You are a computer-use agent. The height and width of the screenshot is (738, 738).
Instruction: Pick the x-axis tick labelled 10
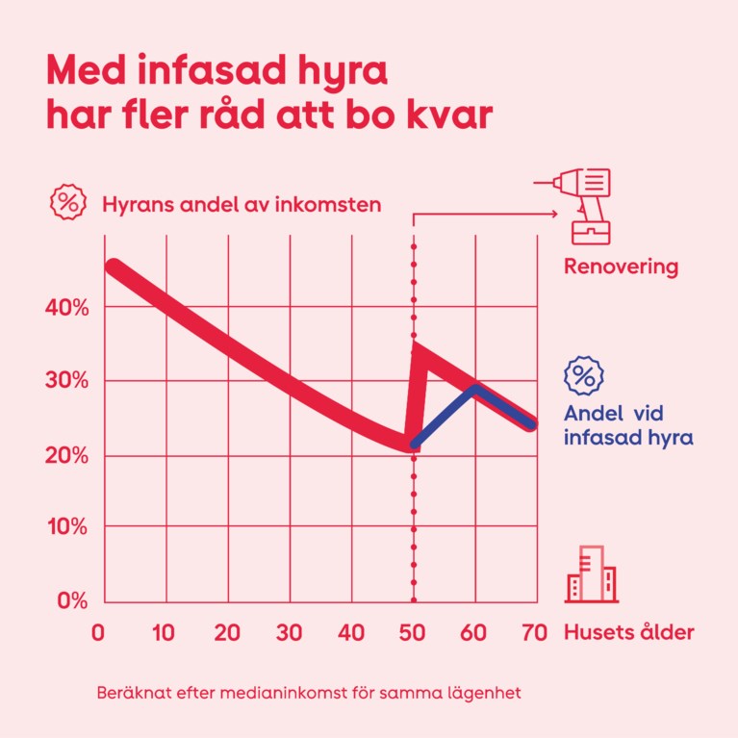(164, 633)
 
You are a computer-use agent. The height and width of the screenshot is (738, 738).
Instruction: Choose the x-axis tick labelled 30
(289, 633)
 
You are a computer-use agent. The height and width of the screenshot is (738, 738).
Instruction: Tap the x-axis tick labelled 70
(534, 633)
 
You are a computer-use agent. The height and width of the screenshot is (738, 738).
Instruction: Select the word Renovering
(622, 267)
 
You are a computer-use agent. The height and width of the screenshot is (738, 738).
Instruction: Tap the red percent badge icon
(67, 203)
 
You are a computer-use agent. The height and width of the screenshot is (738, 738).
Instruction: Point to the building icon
(591, 574)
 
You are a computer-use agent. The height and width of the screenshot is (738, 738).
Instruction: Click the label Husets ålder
(628, 633)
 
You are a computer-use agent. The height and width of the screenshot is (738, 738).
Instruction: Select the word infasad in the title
(195, 72)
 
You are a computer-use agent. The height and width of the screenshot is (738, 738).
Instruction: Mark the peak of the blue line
(474, 389)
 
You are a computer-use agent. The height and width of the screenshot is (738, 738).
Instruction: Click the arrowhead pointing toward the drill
(554, 214)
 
